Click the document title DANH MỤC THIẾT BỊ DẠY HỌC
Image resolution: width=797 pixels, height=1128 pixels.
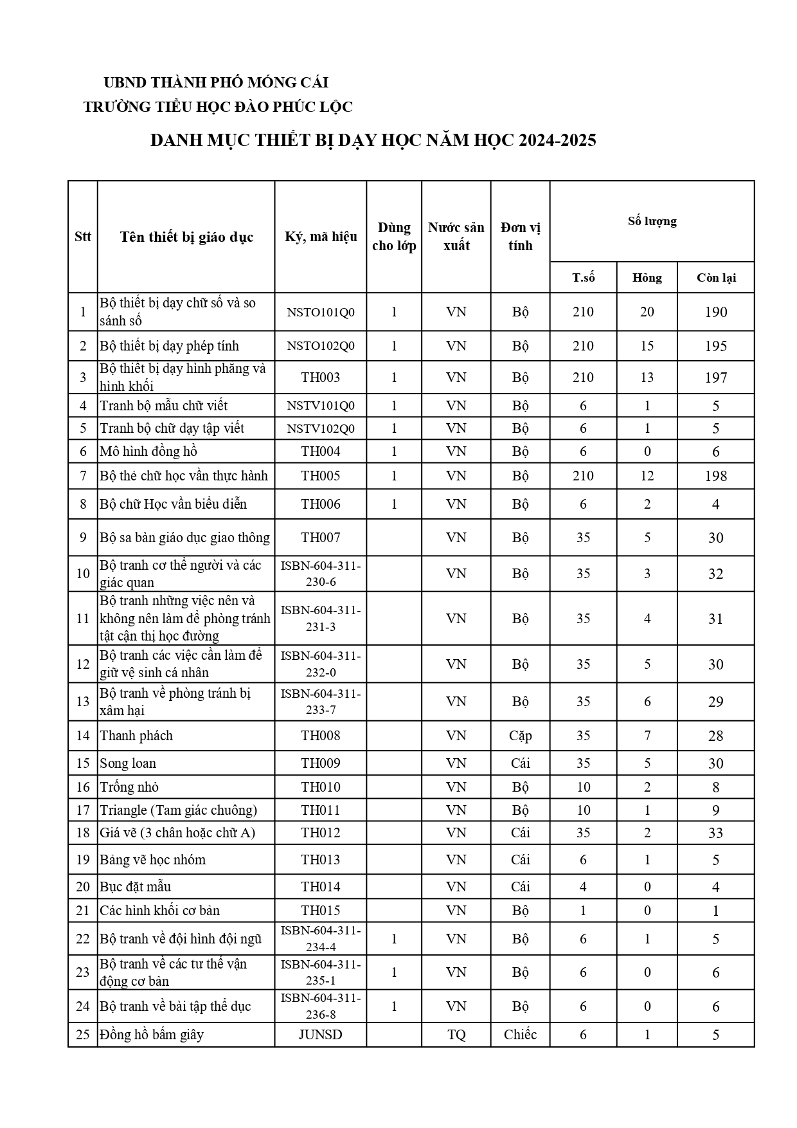[x=373, y=140]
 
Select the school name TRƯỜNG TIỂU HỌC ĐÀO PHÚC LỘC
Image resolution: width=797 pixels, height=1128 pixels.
[x=218, y=107]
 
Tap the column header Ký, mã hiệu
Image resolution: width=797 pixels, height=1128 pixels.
[x=321, y=237]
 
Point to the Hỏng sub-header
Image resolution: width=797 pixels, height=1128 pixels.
[x=647, y=278]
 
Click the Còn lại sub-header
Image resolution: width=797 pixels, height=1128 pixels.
[x=715, y=278]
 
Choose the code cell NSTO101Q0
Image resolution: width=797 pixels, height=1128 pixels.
[x=321, y=312]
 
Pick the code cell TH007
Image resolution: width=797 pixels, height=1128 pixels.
[x=321, y=538]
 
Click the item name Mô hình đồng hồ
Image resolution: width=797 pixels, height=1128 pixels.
[x=148, y=451]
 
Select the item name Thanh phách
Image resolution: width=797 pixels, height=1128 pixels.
[x=136, y=736]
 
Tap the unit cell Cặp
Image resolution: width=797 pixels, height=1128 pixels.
[x=520, y=736]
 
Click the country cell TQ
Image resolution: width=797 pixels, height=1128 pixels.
[x=456, y=1035]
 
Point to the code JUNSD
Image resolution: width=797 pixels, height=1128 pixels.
[x=321, y=1035]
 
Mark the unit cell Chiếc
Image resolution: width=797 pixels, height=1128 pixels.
[x=520, y=1035]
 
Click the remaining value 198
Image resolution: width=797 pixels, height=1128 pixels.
[x=715, y=477]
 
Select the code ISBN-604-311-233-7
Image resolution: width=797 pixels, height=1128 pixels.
[x=321, y=702]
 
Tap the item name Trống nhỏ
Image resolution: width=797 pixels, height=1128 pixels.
[x=129, y=787]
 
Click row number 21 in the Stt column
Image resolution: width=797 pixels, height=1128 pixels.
[x=83, y=911]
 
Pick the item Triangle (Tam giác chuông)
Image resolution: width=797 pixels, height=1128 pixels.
[x=178, y=810]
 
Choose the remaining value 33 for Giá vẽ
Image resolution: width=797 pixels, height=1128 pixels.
[x=715, y=833]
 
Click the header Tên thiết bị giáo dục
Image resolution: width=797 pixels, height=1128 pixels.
[x=186, y=237]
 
